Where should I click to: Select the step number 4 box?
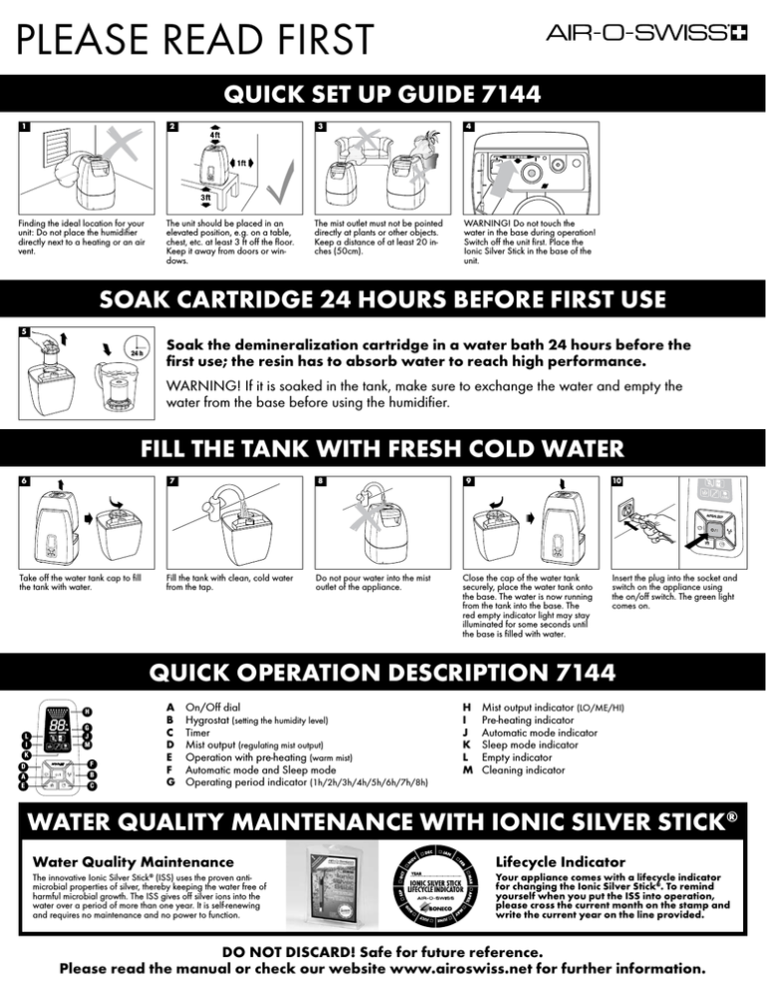click(x=469, y=128)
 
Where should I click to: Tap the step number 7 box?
click(x=173, y=479)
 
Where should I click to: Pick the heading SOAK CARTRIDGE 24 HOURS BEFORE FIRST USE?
click(x=383, y=298)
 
